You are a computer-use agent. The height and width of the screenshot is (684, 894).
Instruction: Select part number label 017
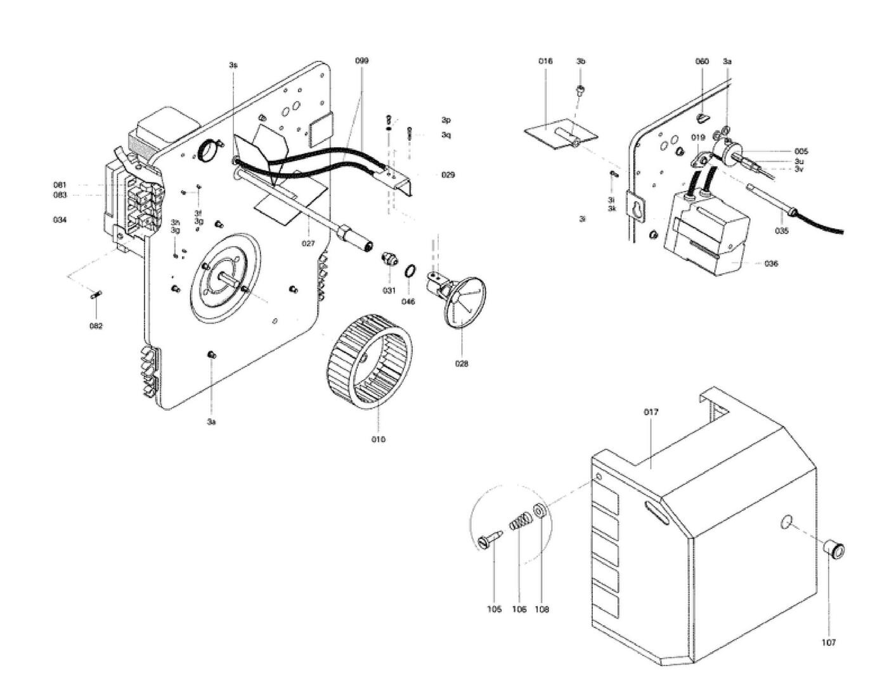pyautogui.click(x=651, y=412)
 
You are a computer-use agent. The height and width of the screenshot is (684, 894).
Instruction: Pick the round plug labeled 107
pyautogui.click(x=834, y=549)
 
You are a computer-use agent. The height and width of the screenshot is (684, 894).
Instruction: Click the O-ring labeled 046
pyautogui.click(x=410, y=272)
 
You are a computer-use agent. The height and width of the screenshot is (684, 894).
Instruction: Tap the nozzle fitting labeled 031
pyautogui.click(x=389, y=259)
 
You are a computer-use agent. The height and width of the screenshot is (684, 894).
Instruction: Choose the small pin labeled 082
pyautogui.click(x=96, y=295)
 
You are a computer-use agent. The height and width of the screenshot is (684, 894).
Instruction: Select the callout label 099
pyautogui.click(x=361, y=61)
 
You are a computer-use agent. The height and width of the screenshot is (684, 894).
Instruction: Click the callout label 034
pyautogui.click(x=60, y=220)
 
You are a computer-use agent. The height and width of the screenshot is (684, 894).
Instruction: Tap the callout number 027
pyautogui.click(x=308, y=243)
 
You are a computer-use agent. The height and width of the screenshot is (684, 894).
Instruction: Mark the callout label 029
pyautogui.click(x=448, y=175)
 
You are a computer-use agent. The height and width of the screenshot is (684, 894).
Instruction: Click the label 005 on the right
pyautogui.click(x=801, y=152)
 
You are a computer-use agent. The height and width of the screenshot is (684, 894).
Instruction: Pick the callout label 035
pyautogui.click(x=781, y=231)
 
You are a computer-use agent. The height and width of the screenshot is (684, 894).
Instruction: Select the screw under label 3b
pyautogui.click(x=579, y=91)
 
